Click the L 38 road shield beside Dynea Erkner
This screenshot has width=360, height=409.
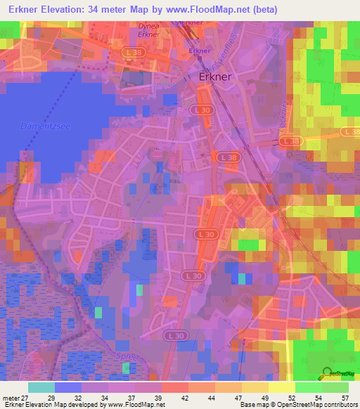131,52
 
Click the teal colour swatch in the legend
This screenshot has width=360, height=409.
41,387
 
